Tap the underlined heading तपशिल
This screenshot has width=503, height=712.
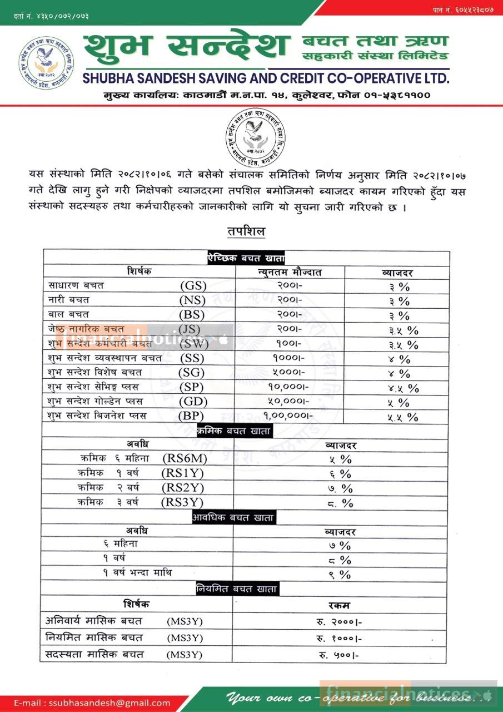(246, 231)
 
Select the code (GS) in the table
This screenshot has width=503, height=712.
(193, 286)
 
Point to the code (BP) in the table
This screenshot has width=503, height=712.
(191, 416)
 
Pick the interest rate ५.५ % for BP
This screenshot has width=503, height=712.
(403, 417)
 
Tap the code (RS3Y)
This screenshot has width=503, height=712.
(182, 503)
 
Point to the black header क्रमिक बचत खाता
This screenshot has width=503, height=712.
(233, 431)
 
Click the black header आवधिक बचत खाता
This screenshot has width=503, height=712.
(233, 517)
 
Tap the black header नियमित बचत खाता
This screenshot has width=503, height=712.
(237, 589)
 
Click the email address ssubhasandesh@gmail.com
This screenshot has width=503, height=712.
(92, 703)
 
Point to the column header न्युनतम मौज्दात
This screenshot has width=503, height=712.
(290, 273)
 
